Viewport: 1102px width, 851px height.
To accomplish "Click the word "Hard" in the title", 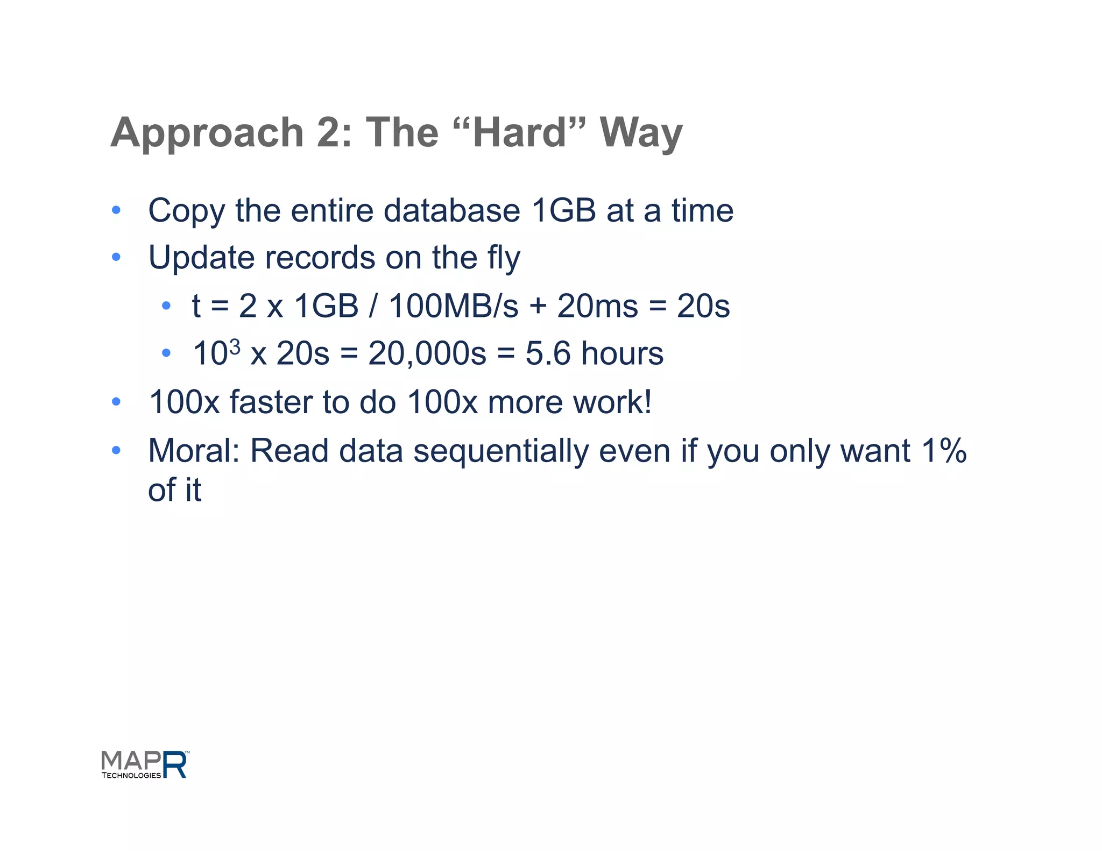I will [520, 132].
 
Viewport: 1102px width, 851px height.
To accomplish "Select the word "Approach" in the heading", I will [207, 133].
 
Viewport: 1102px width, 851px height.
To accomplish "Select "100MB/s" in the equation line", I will [453, 306].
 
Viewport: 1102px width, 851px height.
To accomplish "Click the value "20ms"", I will [597, 306].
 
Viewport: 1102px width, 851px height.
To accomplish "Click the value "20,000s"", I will [427, 354].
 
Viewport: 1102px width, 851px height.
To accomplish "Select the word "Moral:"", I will [194, 451].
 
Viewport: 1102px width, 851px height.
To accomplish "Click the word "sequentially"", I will [500, 451].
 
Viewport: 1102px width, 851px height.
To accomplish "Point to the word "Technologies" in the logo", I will [131, 775].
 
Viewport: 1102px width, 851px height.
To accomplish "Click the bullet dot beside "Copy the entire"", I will [116, 210].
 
